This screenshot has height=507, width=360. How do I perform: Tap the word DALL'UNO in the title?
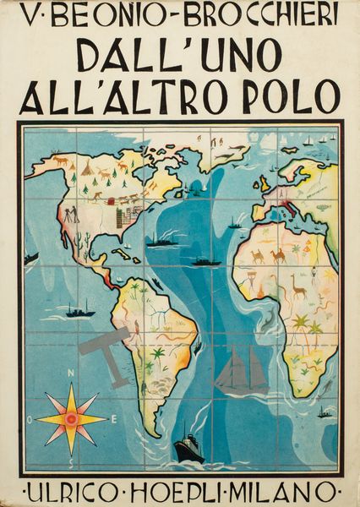180,57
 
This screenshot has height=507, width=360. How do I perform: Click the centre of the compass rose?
70,417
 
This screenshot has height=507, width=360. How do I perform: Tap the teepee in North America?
85,169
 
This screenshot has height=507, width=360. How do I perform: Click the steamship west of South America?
78,312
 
